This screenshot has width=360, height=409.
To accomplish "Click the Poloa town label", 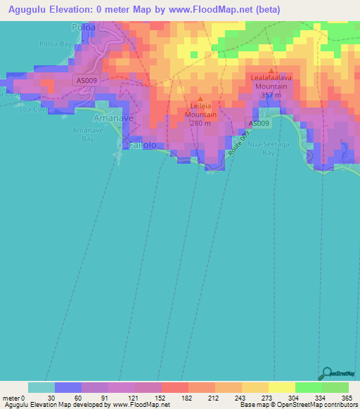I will [x=84, y=27].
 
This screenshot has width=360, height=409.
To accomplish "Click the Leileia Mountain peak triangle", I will [x=200, y=99].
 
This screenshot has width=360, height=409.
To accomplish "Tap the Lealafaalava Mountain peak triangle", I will [x=271, y=70].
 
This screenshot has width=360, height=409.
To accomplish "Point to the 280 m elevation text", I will [x=200, y=122].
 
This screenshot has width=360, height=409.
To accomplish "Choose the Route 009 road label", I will [x=240, y=145].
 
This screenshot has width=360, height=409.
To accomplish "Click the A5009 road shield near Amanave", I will [x=86, y=81].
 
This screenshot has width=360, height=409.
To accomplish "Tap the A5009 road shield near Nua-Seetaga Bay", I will [x=257, y=124].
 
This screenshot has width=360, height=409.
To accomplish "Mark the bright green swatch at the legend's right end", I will [x=335, y=387].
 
